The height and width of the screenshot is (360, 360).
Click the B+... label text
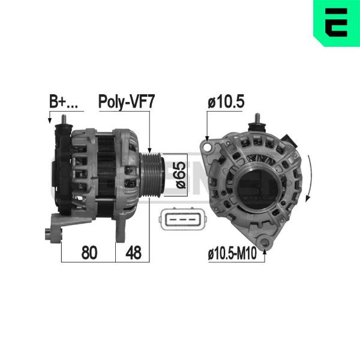pyautogui.click(x=64, y=101)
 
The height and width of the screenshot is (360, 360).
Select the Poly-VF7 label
pyautogui.click(x=127, y=102)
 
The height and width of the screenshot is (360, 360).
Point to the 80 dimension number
pyautogui.click(x=89, y=253)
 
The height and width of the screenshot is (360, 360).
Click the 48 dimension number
pyautogui.click(x=134, y=253)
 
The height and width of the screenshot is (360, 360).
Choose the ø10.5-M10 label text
pyautogui.click(x=232, y=253)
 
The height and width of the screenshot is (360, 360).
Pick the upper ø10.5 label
pyautogui.click(x=226, y=102)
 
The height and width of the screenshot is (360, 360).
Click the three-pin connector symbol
pyautogui.click(x=182, y=219)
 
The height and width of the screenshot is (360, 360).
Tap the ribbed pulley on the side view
pyautogui.click(x=152, y=176)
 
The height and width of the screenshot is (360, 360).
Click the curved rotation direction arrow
pyautogui.click(x=310, y=178)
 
